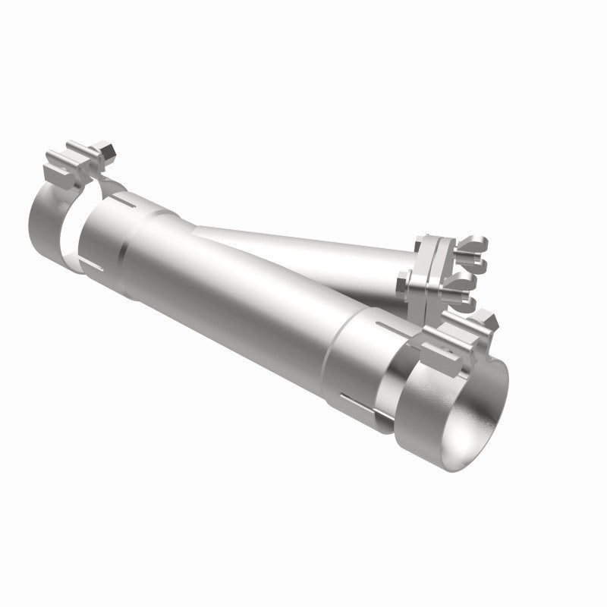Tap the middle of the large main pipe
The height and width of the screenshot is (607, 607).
tap(243, 296)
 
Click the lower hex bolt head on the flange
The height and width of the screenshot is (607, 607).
tap(401, 284)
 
